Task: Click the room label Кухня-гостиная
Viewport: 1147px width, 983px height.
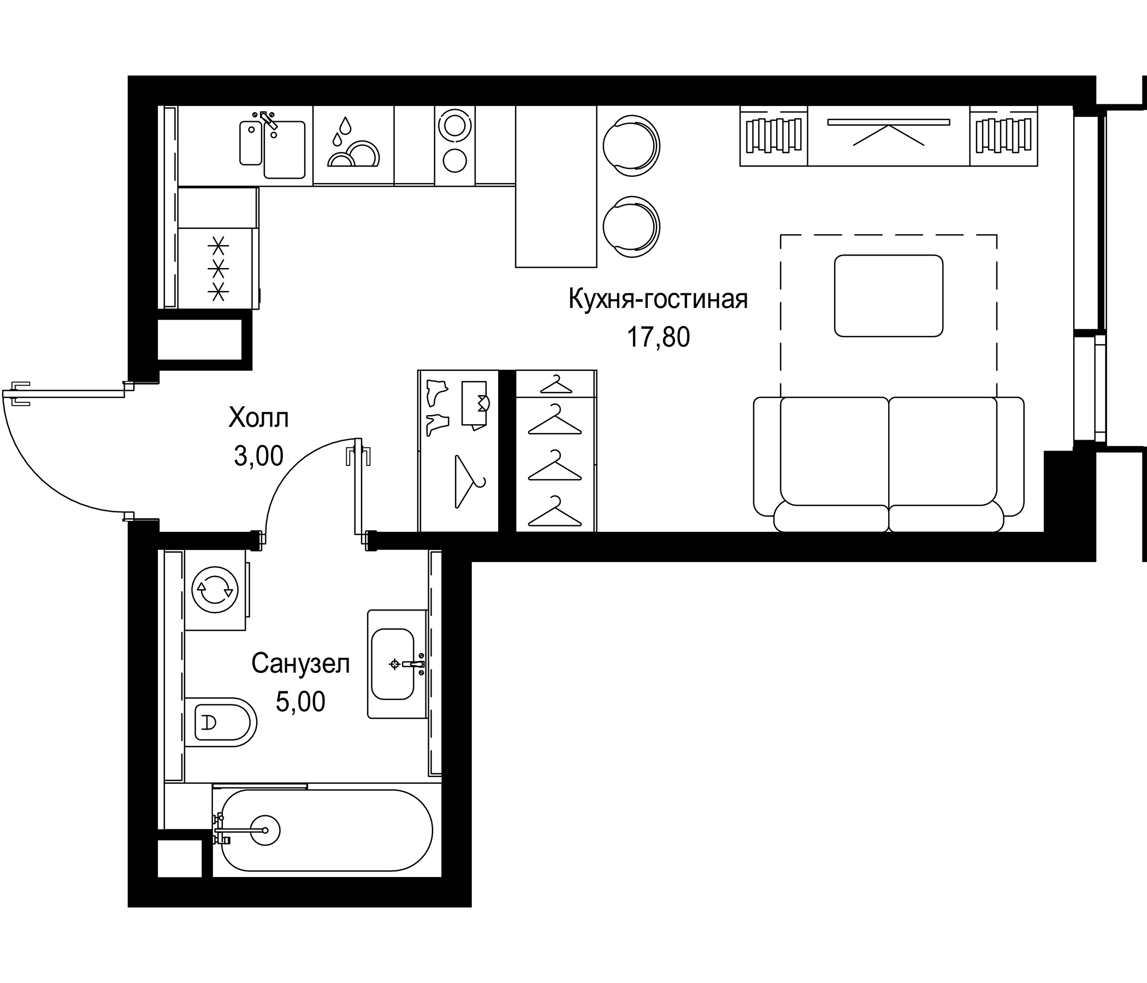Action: [658, 299]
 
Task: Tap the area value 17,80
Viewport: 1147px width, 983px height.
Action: [658, 337]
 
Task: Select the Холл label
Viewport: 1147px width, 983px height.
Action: [258, 418]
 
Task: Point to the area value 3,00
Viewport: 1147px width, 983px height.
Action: [258, 456]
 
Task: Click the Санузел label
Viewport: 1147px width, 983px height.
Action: [300, 663]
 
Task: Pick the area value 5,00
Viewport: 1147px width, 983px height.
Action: [300, 702]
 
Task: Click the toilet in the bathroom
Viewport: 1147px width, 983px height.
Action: [221, 723]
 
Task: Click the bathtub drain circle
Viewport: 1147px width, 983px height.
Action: [265, 830]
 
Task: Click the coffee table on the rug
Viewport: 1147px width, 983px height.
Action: [889, 295]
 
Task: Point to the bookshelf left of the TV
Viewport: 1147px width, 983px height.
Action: [774, 135]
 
